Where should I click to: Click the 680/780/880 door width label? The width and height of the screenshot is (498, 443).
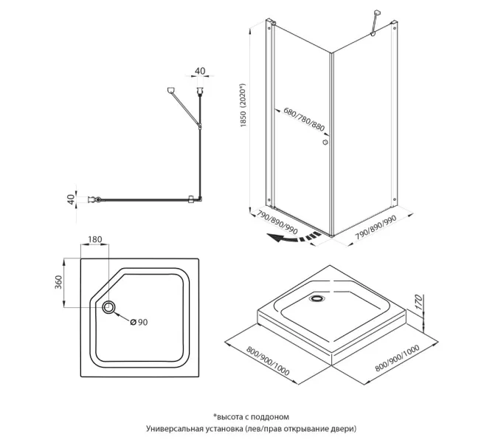point(303,118)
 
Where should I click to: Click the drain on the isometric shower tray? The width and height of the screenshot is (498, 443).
point(319,299)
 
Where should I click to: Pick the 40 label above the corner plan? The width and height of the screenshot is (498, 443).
point(200,71)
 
